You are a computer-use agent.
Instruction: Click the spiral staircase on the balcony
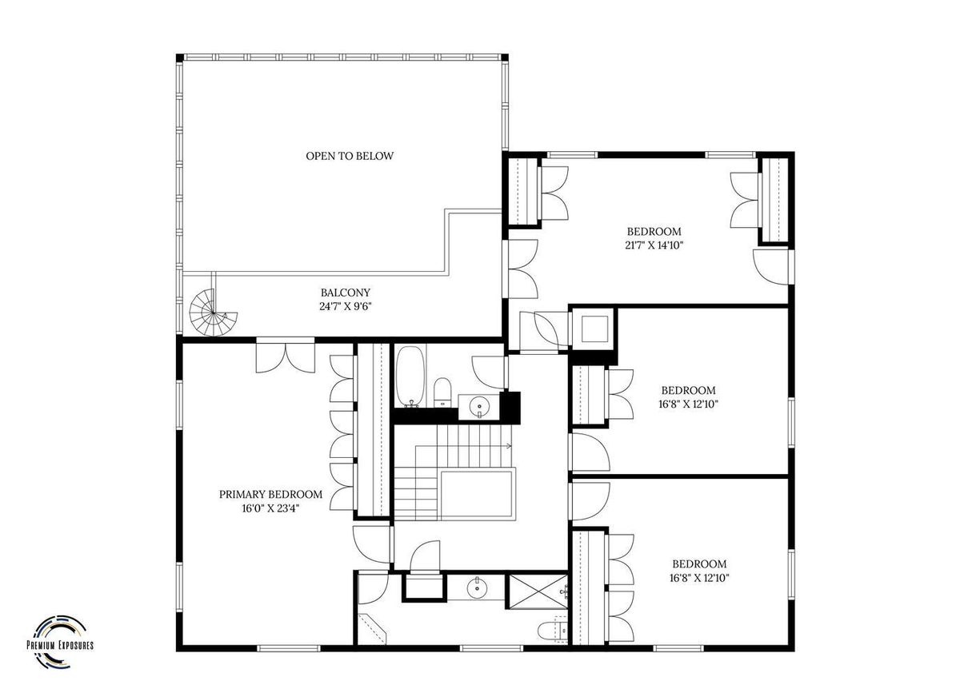click(x=213, y=313)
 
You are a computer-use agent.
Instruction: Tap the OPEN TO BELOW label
click(x=350, y=156)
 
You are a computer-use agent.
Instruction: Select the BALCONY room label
click(x=346, y=293)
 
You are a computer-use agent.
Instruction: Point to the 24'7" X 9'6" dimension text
click(x=346, y=307)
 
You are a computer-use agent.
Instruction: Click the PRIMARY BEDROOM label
click(x=270, y=495)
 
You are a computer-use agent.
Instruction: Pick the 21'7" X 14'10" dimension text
click(x=654, y=245)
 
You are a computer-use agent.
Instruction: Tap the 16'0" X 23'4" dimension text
click(x=270, y=508)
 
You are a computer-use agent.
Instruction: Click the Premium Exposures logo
click(x=60, y=643)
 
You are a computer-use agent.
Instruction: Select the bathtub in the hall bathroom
click(x=410, y=376)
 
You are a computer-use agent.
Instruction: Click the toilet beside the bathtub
click(x=442, y=392)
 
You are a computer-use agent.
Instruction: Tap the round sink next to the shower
click(x=476, y=587)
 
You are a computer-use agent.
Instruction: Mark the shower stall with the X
click(x=537, y=591)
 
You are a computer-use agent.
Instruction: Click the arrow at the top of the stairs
click(x=509, y=446)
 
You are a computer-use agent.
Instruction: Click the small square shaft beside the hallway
click(x=594, y=329)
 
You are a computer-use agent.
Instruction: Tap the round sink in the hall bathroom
click(x=478, y=404)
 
